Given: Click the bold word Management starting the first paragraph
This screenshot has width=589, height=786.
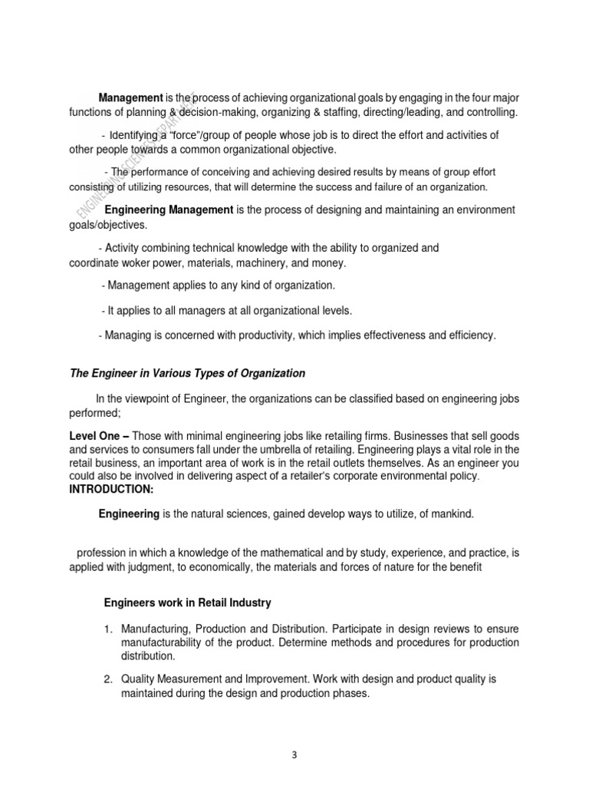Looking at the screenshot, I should coord(131,97).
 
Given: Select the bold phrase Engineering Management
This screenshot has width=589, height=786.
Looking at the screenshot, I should coord(168,210).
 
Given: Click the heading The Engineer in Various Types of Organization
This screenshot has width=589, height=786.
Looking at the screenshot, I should coord(187,373).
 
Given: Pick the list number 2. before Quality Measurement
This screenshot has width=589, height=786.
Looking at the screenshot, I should coord(109,680).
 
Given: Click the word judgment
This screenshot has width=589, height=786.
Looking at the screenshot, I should coord(153,567).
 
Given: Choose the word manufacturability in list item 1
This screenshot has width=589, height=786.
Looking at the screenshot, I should coord(165,642).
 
